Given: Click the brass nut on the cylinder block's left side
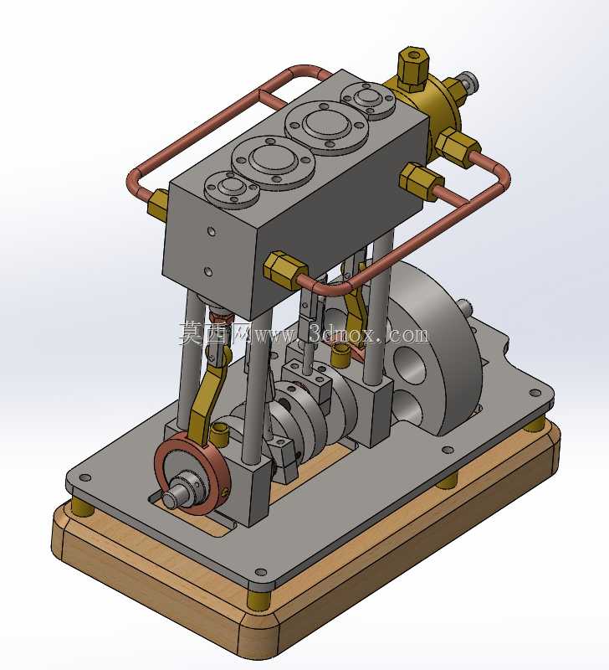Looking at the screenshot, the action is coord(157,204).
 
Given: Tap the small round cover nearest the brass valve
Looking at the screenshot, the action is coord(367,99).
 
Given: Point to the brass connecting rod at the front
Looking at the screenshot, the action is coord(205,397).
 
